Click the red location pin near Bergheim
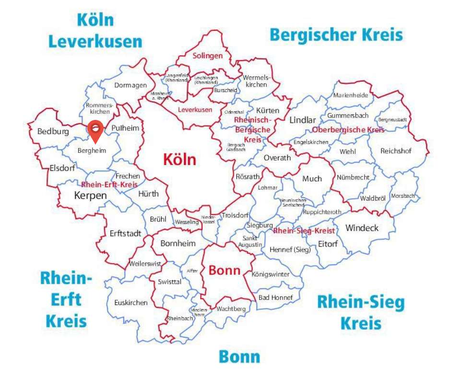coord(96,130)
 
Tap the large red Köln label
coord(179,159)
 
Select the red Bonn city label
coord(224,270)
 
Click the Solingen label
coord(208,56)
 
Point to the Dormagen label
coord(131,85)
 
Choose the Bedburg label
coord(53,131)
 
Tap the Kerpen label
coord(90,196)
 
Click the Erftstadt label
coord(125,234)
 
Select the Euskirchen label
coord(131,303)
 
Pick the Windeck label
coord(362,228)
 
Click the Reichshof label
coord(396,151)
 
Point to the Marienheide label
coord(351,95)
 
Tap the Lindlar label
coord(302,120)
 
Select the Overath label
coord(277,158)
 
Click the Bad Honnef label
coord(275,297)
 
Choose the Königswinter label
coord(271,274)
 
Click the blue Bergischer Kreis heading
coord(336,35)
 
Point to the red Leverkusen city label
coord(195,110)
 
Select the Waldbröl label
coord(373,198)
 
